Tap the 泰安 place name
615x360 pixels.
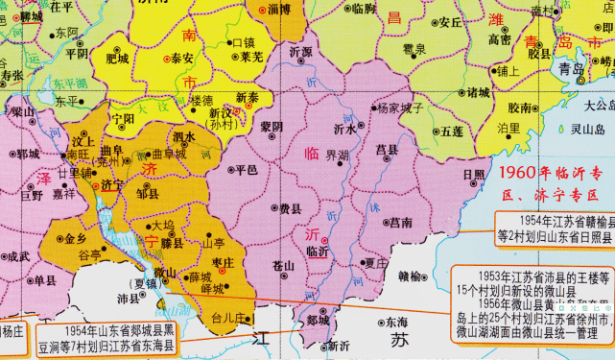(x=182, y=58)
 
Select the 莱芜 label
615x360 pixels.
(x=251, y=57)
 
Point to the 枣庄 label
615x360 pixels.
(x=225, y=262)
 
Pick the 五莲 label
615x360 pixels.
(x=447, y=131)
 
